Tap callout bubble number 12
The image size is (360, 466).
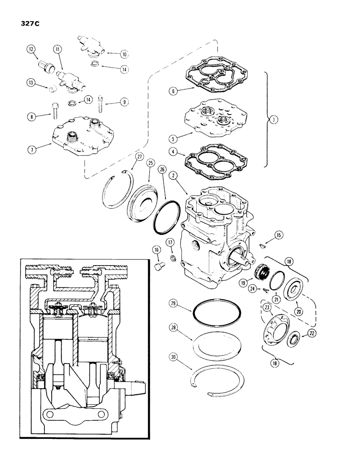tap(31, 49)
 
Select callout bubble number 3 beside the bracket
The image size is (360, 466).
tap(274, 119)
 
